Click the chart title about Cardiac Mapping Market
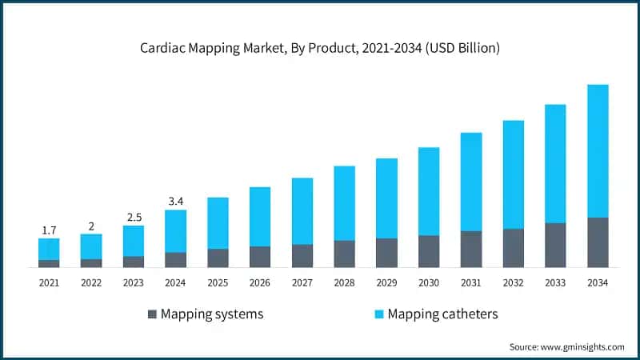pos(320,49)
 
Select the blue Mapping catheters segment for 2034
pos(598,150)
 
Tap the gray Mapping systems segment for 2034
pos(598,242)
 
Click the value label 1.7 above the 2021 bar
pos(49,230)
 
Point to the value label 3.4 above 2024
pos(175,202)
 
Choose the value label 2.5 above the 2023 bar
pos(133,218)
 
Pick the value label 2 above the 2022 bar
pos(91,226)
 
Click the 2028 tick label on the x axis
pos(344,282)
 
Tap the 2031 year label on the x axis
pos(471,282)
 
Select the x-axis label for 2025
pos(218,282)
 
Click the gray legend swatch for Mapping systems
pos(152,314)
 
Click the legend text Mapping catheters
pos(442,314)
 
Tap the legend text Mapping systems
pos(212,314)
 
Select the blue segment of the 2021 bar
pos(49,249)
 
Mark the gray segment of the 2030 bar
pos(429,251)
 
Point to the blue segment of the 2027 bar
pos(302,211)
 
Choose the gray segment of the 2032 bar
pos(514,248)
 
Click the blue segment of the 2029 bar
pos(386,198)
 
